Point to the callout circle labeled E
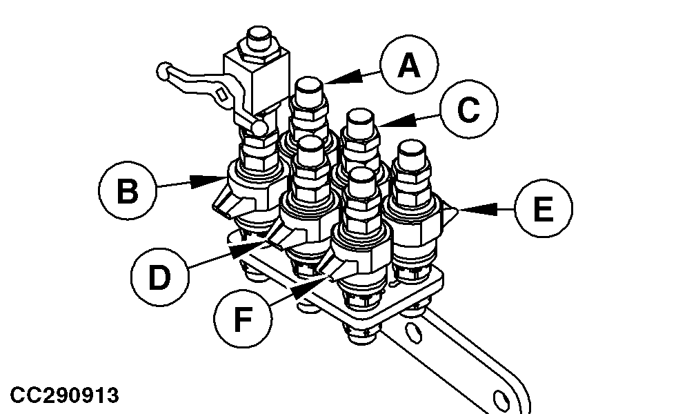(x=544, y=208)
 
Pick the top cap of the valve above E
(x=412, y=153)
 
